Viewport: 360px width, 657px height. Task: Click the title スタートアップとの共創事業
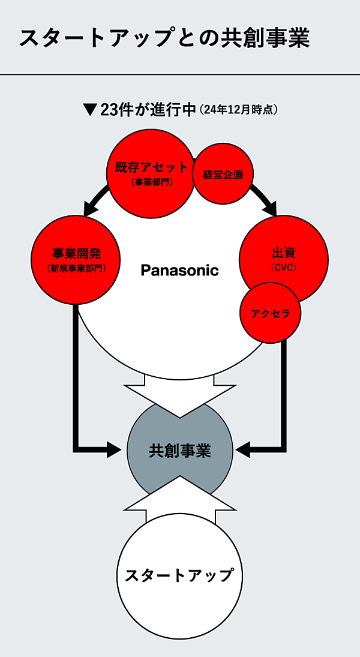pyautogui.click(x=164, y=37)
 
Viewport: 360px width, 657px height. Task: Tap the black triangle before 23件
pyautogui.click(x=90, y=110)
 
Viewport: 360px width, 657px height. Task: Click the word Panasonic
pyautogui.click(x=180, y=271)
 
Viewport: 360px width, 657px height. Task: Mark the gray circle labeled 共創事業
pyautogui.click(x=180, y=451)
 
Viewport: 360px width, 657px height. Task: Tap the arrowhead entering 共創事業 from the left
pyautogui.click(x=115, y=449)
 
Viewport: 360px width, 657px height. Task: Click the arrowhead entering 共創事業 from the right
pyautogui.click(x=245, y=449)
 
